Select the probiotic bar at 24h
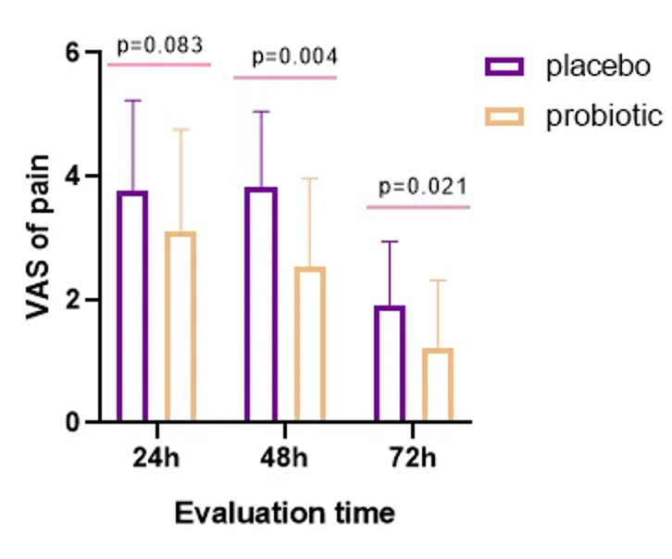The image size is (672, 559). pyautogui.click(x=180, y=328)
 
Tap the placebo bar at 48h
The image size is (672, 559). pyautogui.click(x=260, y=305)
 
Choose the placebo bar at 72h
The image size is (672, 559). pyautogui.click(x=390, y=365)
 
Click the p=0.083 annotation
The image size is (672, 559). pyautogui.click(x=159, y=45)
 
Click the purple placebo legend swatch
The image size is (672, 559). pyautogui.click(x=504, y=66)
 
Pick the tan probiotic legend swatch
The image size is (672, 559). pyautogui.click(x=504, y=117)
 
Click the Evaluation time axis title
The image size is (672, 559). pyautogui.click(x=285, y=512)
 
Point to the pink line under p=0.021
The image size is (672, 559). pyautogui.click(x=418, y=206)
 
